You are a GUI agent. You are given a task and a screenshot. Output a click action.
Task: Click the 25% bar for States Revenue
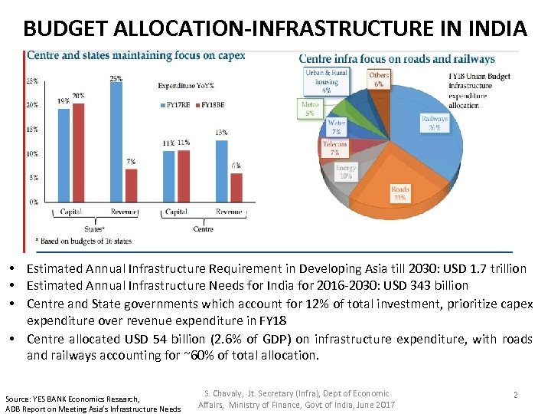[x=116, y=142]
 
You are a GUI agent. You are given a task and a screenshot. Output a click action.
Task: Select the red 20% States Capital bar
[x=79, y=152]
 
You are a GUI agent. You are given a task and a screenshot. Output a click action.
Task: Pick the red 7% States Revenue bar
[x=131, y=186]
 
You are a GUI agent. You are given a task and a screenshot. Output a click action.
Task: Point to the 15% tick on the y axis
[x=33, y=130]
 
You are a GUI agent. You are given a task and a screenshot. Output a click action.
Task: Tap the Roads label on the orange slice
[x=399, y=193]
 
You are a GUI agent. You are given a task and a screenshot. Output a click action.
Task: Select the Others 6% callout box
[x=379, y=80]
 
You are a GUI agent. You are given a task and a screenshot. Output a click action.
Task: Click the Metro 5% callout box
[x=310, y=108]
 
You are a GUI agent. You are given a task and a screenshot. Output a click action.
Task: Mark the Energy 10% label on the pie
[x=346, y=172]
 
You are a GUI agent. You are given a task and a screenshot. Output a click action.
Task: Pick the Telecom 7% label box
[x=334, y=148]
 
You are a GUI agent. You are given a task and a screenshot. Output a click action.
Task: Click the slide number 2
[x=516, y=394]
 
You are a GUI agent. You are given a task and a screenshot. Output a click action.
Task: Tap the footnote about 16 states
[x=86, y=241]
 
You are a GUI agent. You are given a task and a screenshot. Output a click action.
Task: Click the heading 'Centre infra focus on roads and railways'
[x=396, y=59]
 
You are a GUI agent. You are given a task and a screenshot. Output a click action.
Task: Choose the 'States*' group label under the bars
[x=95, y=228]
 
